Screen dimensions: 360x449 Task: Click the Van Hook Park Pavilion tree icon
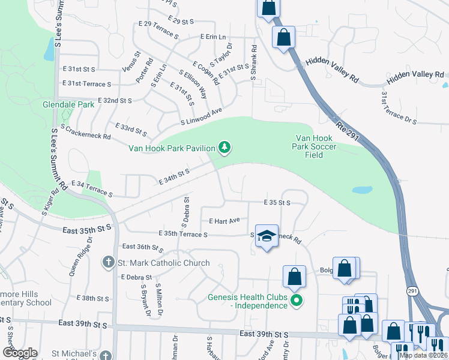point(224,147)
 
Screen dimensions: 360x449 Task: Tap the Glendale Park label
point(68,104)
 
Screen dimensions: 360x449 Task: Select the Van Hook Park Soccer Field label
point(314,146)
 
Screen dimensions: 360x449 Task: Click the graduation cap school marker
point(267,236)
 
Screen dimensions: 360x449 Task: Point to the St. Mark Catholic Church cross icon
point(108,262)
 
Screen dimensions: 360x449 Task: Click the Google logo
point(20,353)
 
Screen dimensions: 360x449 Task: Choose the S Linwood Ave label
point(202,117)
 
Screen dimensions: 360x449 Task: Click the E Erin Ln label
point(212,37)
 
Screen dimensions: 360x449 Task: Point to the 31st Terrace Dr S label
point(399,108)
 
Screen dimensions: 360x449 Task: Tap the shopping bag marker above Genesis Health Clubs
point(294,277)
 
